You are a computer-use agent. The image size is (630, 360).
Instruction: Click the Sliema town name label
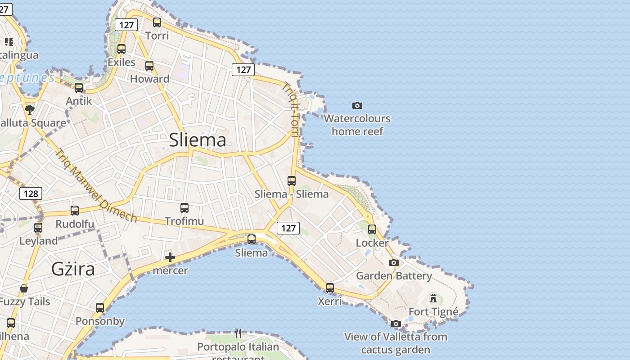[x=198, y=140]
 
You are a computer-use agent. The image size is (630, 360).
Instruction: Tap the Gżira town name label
[x=73, y=269]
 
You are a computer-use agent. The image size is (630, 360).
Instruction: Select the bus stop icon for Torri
[x=157, y=22]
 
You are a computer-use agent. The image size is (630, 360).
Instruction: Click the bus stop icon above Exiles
[x=121, y=49]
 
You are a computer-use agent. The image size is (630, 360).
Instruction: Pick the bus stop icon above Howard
[x=149, y=66]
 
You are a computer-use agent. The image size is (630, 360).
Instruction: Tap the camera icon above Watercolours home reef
[x=357, y=105]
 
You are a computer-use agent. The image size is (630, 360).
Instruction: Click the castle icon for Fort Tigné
[x=433, y=298]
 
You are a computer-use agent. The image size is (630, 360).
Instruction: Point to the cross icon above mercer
[x=170, y=257]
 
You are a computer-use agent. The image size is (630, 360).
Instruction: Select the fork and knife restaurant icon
[x=238, y=333]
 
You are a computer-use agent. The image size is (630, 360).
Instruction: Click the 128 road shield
[x=31, y=193]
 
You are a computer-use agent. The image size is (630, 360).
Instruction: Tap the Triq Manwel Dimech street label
[x=95, y=185]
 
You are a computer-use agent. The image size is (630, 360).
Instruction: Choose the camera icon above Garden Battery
[x=394, y=263]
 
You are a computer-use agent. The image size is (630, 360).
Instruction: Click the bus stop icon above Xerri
[x=330, y=288]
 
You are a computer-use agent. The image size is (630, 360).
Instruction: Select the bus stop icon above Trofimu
[x=184, y=208]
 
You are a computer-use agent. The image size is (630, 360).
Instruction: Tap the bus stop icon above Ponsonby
[x=100, y=308]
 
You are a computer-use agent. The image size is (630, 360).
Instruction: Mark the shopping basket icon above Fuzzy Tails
[x=24, y=288]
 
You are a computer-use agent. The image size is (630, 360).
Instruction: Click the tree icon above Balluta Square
[x=30, y=109]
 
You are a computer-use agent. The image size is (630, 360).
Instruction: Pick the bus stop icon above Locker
[x=372, y=229]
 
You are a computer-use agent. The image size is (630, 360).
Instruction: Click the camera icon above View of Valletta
[x=396, y=324]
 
